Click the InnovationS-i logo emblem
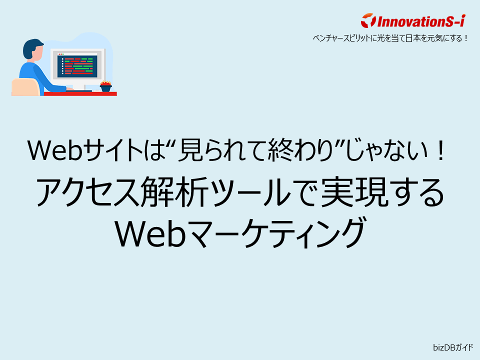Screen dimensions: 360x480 (x=367, y=21)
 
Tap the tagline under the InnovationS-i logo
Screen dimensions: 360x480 (x=390, y=37)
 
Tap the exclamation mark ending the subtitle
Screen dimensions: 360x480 (x=440, y=150)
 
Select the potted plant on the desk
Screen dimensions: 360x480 (x=105, y=86)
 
